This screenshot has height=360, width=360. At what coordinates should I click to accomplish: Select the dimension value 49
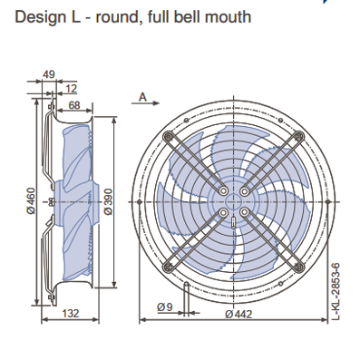(x=49, y=74)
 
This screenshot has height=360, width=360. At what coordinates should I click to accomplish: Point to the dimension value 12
(x=71, y=89)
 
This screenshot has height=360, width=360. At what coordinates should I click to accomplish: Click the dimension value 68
(x=74, y=105)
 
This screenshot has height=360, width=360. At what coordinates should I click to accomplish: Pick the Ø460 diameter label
(x=31, y=201)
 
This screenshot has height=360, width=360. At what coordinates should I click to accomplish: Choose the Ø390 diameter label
(x=108, y=201)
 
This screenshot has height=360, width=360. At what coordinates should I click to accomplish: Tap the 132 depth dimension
(x=70, y=313)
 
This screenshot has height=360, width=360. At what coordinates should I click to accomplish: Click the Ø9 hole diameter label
(x=165, y=307)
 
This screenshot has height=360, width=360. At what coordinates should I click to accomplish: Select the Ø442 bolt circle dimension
(x=238, y=314)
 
